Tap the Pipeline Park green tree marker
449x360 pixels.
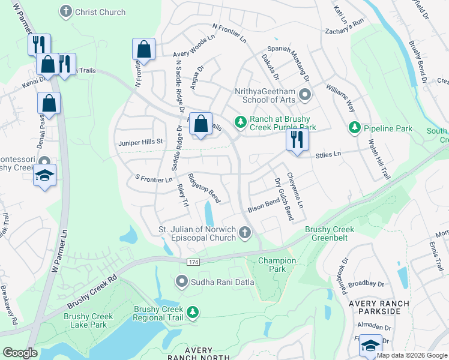(x=354, y=128)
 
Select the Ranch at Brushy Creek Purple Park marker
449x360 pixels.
(x=241, y=122)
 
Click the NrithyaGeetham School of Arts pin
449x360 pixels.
(x=305, y=94)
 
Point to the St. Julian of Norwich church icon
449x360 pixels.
(x=244, y=232)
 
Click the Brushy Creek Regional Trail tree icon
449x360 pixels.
(x=193, y=311)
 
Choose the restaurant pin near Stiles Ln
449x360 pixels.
(x=297, y=140)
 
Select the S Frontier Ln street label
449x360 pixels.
(x=154, y=179)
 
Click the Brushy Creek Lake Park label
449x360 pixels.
(x=88, y=320)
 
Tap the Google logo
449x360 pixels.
(x=20, y=353)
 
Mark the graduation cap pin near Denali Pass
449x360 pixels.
(x=44, y=176)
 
